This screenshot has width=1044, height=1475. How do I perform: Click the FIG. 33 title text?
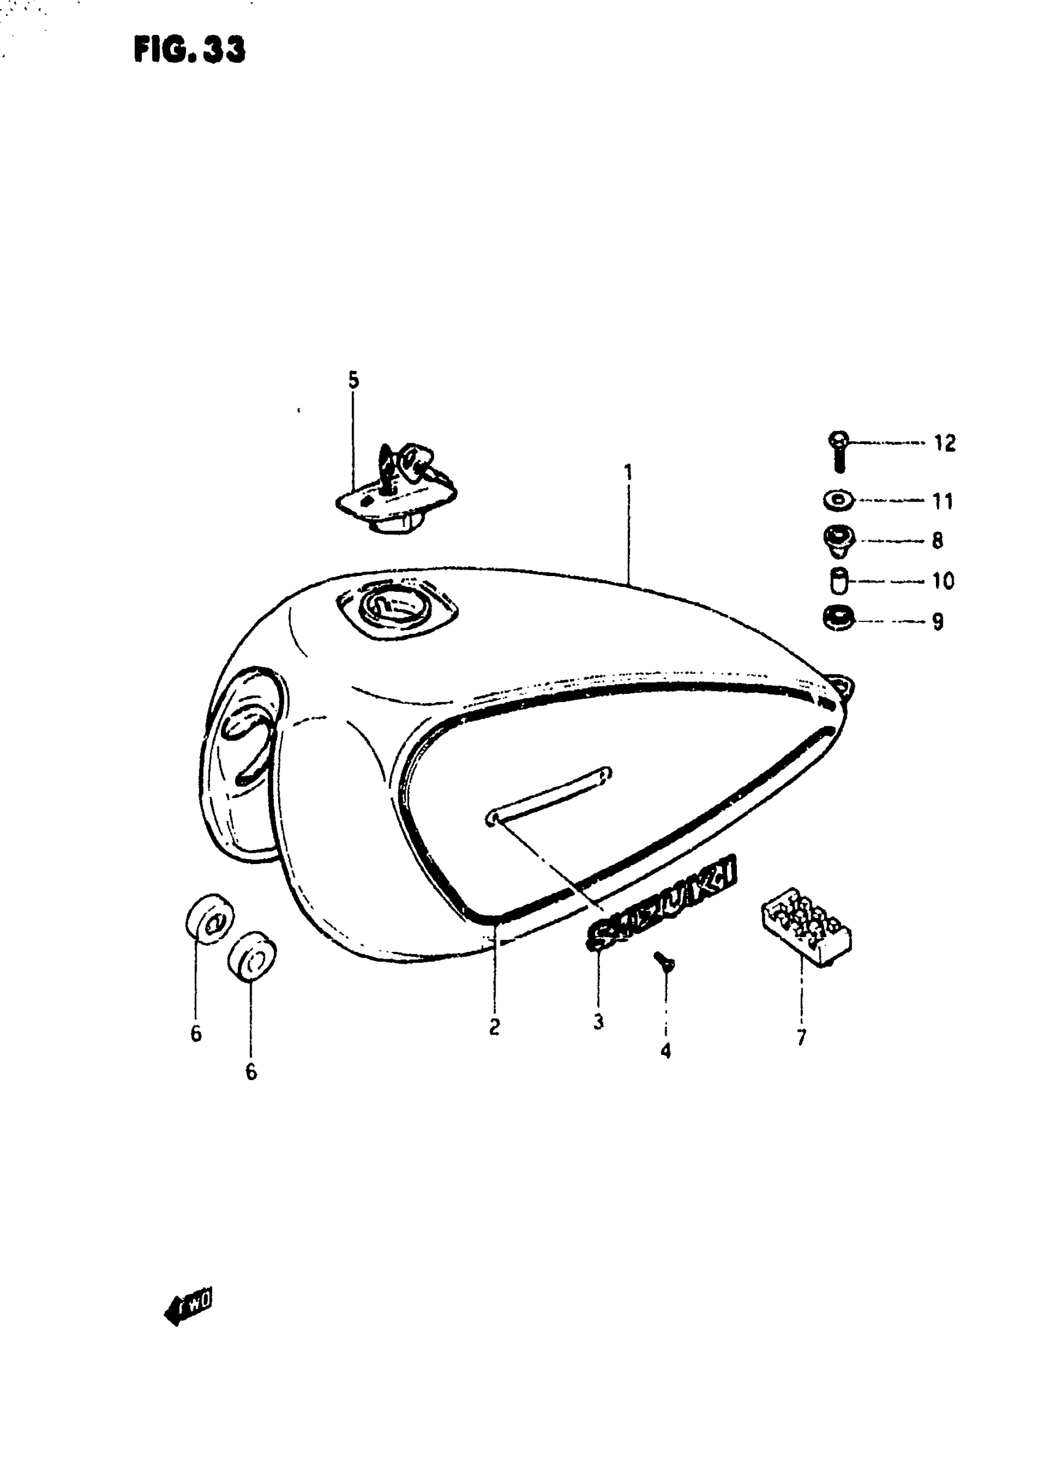[190, 50]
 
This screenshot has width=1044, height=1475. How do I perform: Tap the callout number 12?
[945, 443]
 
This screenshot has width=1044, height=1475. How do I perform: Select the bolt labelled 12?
[838, 451]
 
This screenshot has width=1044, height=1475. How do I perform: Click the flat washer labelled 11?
[838, 500]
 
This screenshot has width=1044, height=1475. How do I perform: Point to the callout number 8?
[937, 541]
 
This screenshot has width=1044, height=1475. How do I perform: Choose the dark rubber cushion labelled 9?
[838, 620]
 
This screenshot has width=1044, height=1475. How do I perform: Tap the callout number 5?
[354, 381]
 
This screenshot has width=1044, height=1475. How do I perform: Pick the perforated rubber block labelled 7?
[807, 926]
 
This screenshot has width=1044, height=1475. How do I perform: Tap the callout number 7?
[801, 1037]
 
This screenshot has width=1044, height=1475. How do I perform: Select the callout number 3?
[599, 1021]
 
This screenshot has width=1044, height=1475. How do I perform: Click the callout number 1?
[628, 473]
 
